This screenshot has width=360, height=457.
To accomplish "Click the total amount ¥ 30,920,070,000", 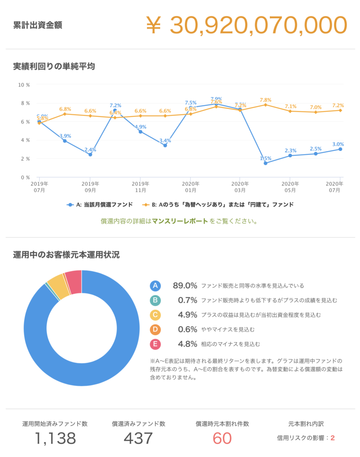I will pos(246,25).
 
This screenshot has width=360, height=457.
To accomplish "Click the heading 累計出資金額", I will pos(38,25).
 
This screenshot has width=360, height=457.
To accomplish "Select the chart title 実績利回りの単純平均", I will pos(54,66).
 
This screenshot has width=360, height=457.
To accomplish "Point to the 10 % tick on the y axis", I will pos(24,85).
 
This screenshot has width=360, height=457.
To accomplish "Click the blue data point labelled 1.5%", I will pos(265,163).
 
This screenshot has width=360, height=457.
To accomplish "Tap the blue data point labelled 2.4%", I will pos(90,154).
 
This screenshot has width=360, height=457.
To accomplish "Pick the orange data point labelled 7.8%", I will pos(265,104).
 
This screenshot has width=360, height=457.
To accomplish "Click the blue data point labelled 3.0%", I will pos(340,149).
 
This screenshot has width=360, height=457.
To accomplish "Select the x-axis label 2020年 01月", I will pos(190,187).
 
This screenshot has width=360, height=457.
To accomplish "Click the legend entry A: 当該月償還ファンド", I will pos(100,204).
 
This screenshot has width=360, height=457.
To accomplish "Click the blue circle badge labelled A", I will pos(155,286).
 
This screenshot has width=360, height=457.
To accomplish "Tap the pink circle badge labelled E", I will pos(155,344).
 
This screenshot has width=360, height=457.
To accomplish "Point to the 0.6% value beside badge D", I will pos(187,329).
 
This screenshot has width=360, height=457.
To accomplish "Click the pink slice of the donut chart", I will pos(74,282).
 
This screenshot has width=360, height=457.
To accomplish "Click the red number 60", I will pos(222,438).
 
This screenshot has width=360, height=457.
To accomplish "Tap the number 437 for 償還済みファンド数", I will pos(138,438).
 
